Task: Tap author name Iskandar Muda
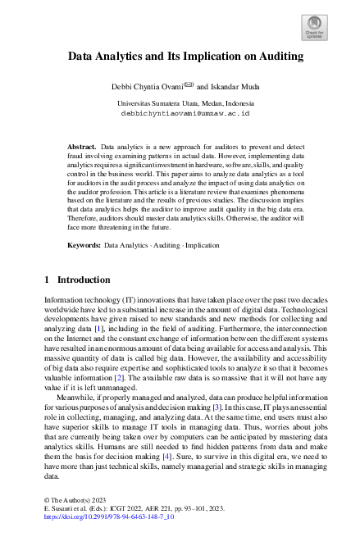pyautogui.click(x=237, y=84)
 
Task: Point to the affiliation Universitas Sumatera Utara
pyautogui.click(x=180, y=103)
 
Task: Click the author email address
pyautogui.click(x=180, y=113)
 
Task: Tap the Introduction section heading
pyautogui.click(x=85, y=280)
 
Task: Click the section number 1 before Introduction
pyautogui.click(x=47, y=280)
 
